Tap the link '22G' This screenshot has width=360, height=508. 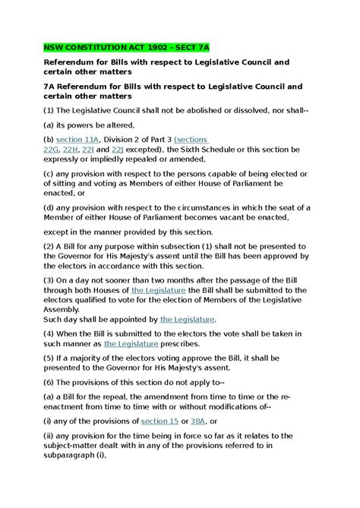click(x=52, y=150)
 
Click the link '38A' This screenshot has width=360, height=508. click(x=198, y=421)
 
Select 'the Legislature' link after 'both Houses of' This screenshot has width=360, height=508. click(x=158, y=290)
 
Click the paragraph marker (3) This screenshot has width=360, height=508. click(x=49, y=280)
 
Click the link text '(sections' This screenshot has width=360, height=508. click(x=191, y=140)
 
